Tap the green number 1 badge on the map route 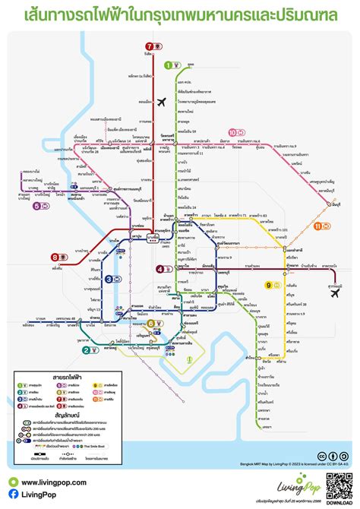[169, 65]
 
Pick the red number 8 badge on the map [55, 257]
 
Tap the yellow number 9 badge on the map [268, 285]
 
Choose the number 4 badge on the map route [159, 268]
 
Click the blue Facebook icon [14, 495]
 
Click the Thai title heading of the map [179, 14]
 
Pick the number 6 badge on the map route [151, 323]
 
